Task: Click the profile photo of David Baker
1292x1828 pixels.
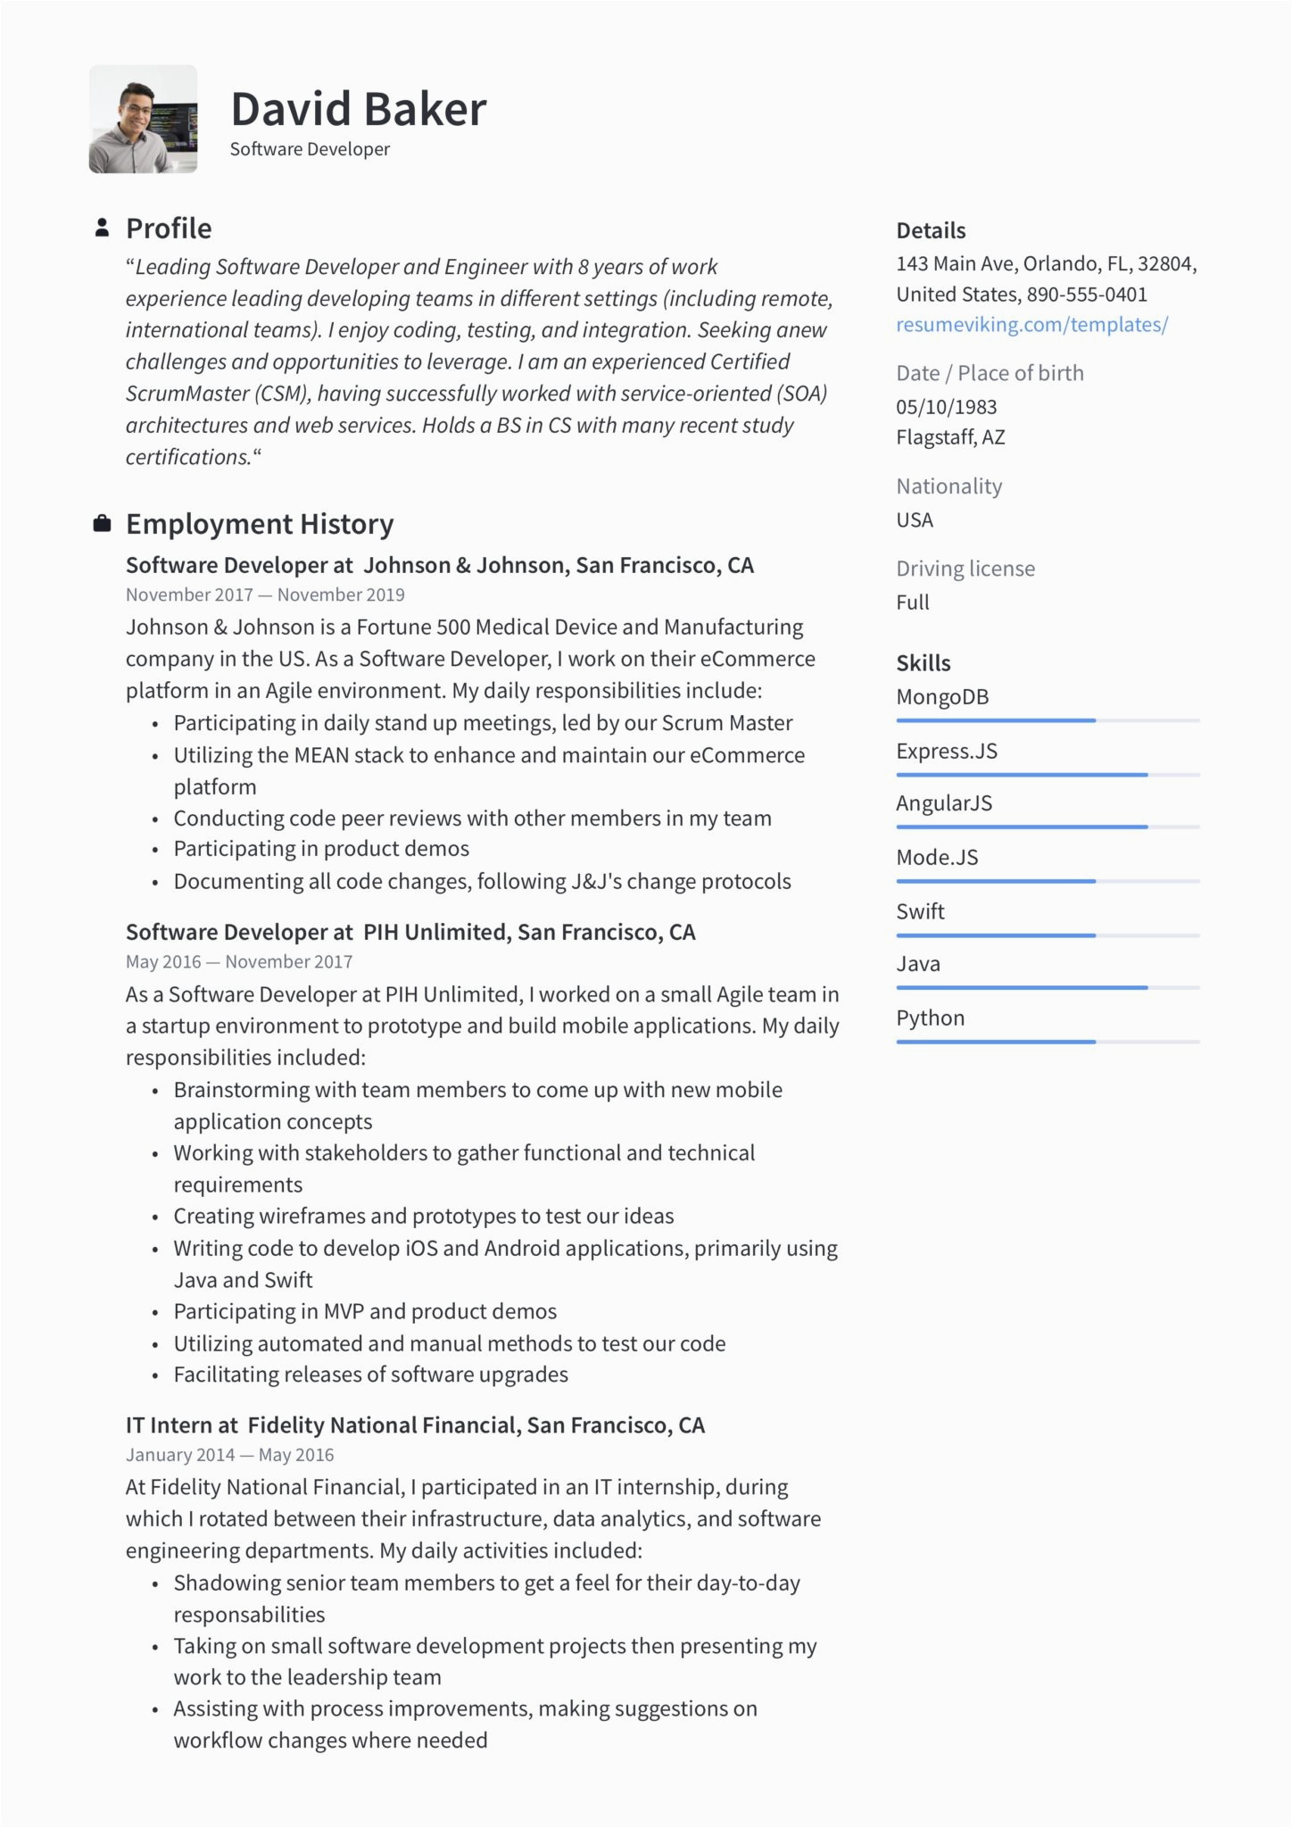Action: (143, 119)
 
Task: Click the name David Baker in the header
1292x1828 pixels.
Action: (359, 110)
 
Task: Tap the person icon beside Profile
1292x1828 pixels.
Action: (103, 228)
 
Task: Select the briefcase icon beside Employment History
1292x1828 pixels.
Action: (103, 524)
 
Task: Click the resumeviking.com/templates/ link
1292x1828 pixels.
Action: (1031, 325)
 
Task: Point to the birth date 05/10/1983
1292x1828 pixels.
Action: (946, 407)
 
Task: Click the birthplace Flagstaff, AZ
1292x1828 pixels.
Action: (950, 437)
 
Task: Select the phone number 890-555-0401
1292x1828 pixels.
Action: (1087, 295)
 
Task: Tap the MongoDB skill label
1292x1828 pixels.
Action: (942, 697)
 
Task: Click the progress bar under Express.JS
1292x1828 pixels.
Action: (1048, 775)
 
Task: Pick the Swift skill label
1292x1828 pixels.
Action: (920, 911)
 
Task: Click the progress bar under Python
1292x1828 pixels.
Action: (1048, 1042)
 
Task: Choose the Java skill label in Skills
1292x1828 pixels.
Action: (918, 964)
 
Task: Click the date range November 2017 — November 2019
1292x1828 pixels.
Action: (265, 595)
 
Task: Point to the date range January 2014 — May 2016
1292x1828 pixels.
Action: (229, 1456)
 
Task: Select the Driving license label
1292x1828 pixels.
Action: (965, 569)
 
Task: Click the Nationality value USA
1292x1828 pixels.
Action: (915, 520)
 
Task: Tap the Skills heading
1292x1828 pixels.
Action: (923, 663)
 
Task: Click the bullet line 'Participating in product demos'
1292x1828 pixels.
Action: (321, 849)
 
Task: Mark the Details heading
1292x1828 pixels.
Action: (931, 230)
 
